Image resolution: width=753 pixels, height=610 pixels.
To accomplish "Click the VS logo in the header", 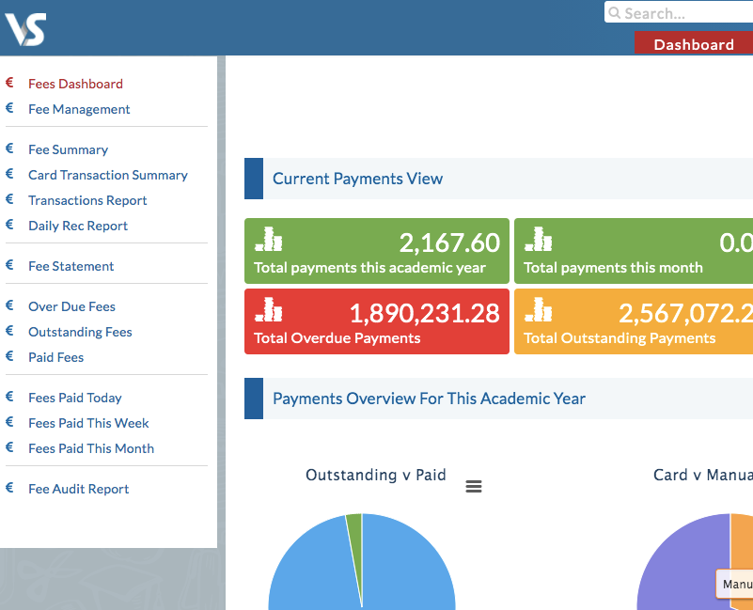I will click(25, 29).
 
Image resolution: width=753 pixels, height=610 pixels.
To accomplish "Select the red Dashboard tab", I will click(694, 44).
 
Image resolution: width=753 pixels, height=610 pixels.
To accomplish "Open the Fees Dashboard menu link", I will click(75, 84).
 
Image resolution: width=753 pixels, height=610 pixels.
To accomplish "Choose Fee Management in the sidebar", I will click(79, 109).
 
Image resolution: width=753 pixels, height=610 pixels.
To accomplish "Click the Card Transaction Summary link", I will click(107, 175).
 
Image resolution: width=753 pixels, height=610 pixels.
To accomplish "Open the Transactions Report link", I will click(87, 200).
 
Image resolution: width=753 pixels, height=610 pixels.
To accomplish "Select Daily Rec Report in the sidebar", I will click(77, 226).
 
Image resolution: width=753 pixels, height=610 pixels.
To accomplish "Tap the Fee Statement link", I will click(71, 266).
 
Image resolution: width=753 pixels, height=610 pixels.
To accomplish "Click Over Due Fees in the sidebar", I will click(71, 306).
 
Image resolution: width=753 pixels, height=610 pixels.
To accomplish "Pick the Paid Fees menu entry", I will click(55, 357).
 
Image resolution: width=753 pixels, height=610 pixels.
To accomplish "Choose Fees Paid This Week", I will click(88, 423).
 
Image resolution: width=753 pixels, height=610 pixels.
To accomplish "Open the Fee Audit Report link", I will click(78, 489).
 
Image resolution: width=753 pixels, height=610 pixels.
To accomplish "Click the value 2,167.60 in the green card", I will click(449, 243).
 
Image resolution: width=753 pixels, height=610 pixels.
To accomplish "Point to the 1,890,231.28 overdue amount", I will click(424, 313).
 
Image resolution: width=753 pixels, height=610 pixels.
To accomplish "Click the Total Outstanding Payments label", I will click(620, 338).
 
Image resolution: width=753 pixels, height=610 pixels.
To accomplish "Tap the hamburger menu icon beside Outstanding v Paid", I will click(474, 486).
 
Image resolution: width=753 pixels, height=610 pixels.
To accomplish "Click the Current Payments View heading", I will click(357, 179).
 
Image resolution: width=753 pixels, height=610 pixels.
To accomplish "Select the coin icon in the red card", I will click(269, 309).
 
